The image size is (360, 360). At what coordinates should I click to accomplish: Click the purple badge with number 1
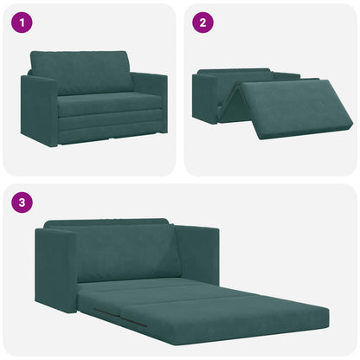20,23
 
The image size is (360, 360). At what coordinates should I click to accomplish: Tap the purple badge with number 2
202,23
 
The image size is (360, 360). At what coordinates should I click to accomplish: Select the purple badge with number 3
20,203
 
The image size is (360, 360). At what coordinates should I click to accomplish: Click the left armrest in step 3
55,268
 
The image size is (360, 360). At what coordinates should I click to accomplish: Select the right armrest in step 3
197,256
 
